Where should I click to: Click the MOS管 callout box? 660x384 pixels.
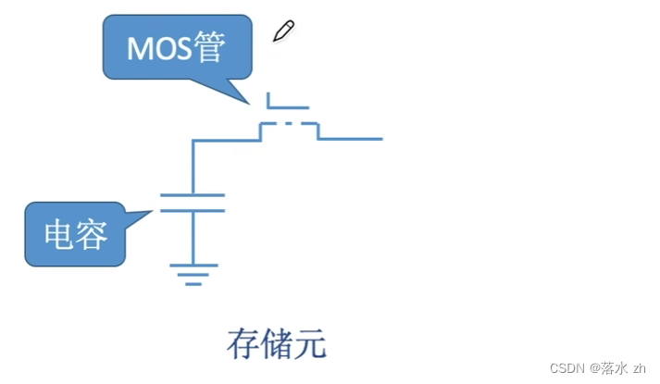point(177,47)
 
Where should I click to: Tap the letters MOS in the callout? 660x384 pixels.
point(158,49)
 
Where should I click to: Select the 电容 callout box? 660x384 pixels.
point(74,234)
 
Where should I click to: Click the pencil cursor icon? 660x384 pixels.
point(283,31)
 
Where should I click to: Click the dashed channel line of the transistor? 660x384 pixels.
point(289,123)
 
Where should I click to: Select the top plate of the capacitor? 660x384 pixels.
point(193,195)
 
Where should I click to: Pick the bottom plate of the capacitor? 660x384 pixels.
point(193,210)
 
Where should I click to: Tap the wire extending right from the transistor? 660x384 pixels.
point(352,139)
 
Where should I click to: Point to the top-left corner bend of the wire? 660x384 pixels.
point(193,141)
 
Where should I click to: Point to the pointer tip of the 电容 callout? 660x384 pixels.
point(152,212)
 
